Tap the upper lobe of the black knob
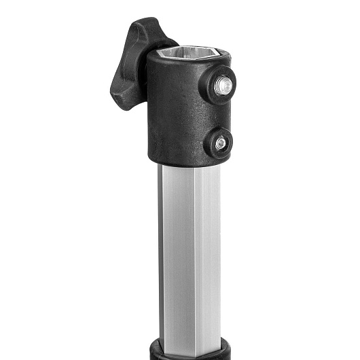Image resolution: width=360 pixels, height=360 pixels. pyautogui.click(x=144, y=31)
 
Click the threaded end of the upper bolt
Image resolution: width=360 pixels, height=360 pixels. pyautogui.click(x=223, y=85)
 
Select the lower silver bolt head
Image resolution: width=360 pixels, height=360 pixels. pyautogui.click(x=220, y=143)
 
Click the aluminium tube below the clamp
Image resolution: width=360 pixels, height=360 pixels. pyautogui.click(x=190, y=258)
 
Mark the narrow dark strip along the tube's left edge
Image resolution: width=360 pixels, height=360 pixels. pyautogui.click(x=161, y=258)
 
